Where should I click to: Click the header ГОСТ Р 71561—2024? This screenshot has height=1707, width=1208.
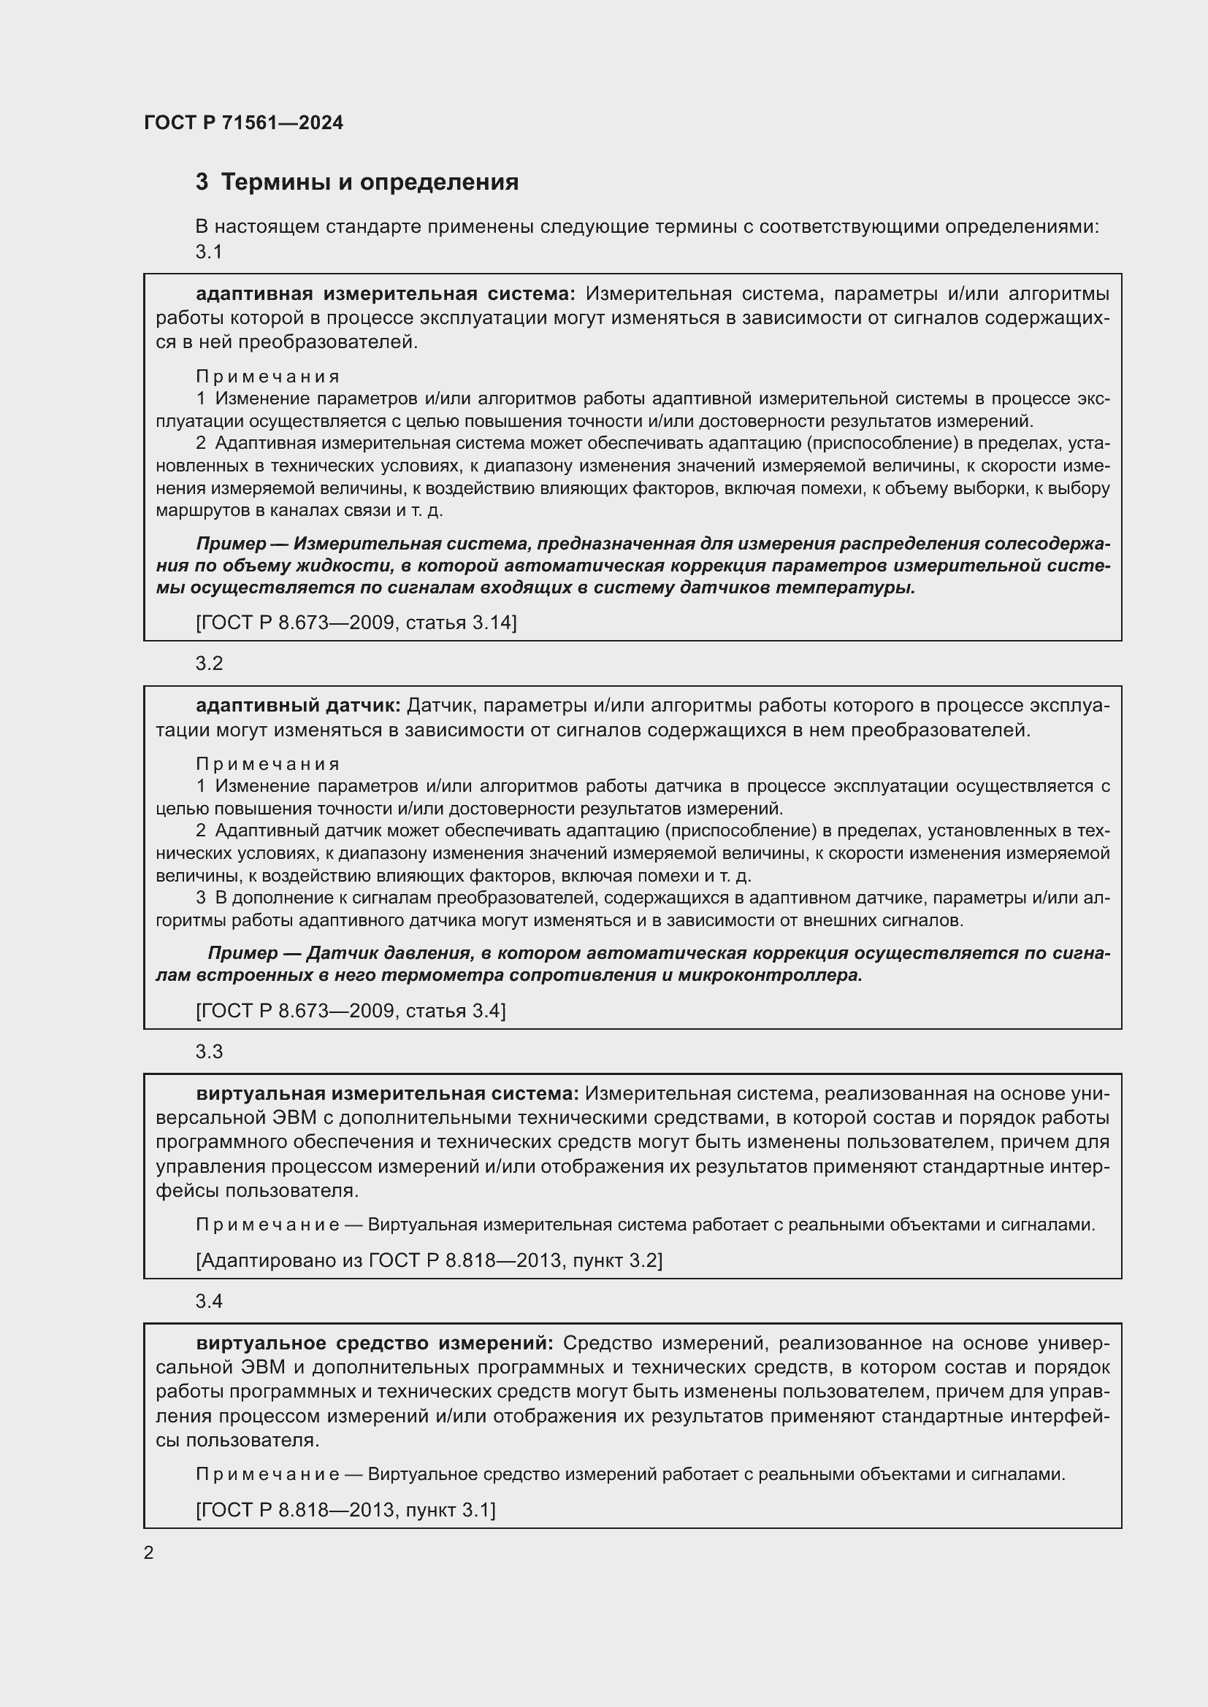click(243, 123)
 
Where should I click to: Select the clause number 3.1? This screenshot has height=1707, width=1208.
click(209, 252)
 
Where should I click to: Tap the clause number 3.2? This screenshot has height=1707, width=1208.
click(209, 663)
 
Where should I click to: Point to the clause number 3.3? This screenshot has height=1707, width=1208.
click(209, 1051)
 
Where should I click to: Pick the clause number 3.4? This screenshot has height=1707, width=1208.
click(209, 1301)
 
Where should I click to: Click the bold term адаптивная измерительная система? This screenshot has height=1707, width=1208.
click(386, 294)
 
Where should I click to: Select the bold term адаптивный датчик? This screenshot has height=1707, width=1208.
click(297, 706)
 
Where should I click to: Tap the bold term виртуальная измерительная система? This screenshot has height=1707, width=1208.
click(387, 1094)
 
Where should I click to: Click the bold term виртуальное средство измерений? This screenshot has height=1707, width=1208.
click(374, 1344)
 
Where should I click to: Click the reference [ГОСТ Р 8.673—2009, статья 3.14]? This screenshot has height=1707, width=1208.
click(356, 623)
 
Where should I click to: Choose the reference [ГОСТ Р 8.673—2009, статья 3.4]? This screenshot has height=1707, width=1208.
click(351, 1010)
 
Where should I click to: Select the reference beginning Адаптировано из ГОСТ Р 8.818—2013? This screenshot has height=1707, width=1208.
click(429, 1260)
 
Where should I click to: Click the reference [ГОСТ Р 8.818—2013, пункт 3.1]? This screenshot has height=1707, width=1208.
click(346, 1510)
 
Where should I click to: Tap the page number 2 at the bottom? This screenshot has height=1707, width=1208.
click(149, 1553)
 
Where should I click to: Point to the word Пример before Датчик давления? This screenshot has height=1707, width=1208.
click(242, 953)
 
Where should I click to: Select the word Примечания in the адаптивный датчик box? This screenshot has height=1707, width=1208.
click(268, 764)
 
